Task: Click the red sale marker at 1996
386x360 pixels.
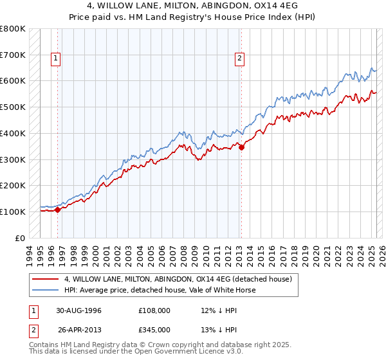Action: click(57, 209)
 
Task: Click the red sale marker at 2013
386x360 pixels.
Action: click(241, 147)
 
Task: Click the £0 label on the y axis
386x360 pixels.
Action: click(20, 238)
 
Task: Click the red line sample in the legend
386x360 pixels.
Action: click(46, 279)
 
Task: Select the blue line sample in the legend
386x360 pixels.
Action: click(46, 290)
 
